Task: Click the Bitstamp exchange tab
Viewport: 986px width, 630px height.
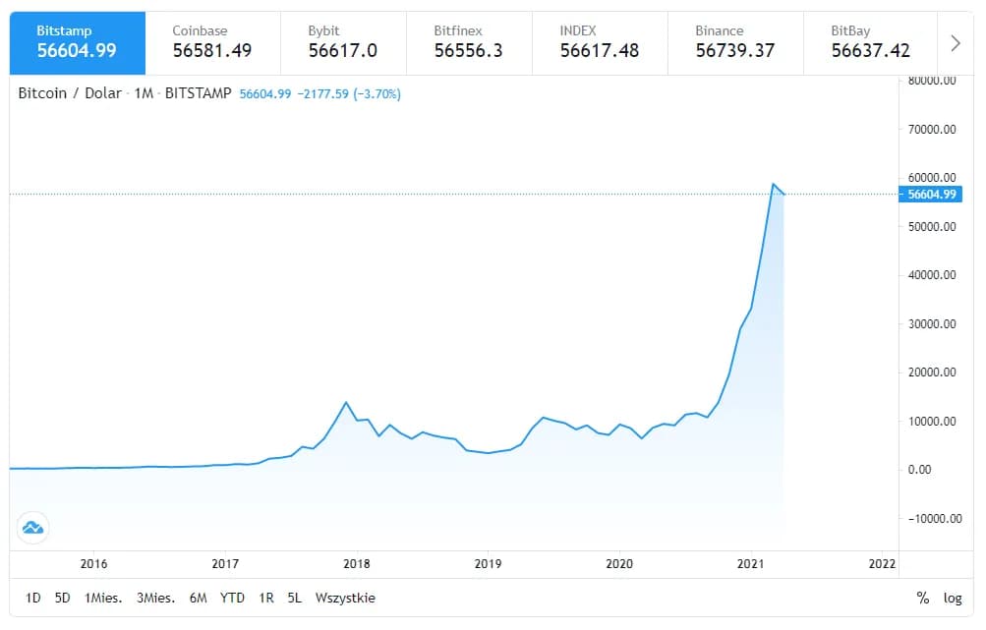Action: click(x=77, y=42)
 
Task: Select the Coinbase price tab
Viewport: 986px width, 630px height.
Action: click(x=211, y=42)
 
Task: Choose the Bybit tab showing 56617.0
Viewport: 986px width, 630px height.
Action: click(x=342, y=42)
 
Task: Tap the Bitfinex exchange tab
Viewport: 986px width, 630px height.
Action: click(x=468, y=42)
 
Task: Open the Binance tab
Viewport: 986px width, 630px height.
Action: click(x=734, y=42)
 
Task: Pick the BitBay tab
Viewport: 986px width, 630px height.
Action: click(x=870, y=42)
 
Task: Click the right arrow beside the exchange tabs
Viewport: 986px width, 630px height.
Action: click(x=956, y=43)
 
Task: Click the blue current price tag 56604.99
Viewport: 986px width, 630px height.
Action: click(x=931, y=195)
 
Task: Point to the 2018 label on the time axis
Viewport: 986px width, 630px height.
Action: click(x=357, y=563)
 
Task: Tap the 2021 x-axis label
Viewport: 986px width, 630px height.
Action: click(x=751, y=563)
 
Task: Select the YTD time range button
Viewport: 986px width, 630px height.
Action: click(x=232, y=598)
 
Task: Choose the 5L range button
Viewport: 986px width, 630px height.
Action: click(x=294, y=598)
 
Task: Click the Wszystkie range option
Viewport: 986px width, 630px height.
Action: click(x=345, y=598)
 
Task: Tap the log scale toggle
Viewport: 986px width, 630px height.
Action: click(x=953, y=598)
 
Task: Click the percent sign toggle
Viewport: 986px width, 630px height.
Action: click(x=922, y=598)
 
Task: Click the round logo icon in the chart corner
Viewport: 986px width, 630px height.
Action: click(x=31, y=528)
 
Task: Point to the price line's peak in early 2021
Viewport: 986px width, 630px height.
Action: click(x=774, y=184)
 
